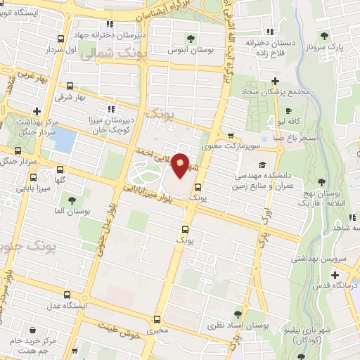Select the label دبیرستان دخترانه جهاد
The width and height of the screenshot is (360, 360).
tap(145, 34)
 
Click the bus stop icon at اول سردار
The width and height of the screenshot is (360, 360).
tap(61, 39)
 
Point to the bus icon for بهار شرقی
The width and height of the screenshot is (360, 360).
tap(70, 85)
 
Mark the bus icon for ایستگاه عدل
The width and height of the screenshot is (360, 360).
tap(67, 295)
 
